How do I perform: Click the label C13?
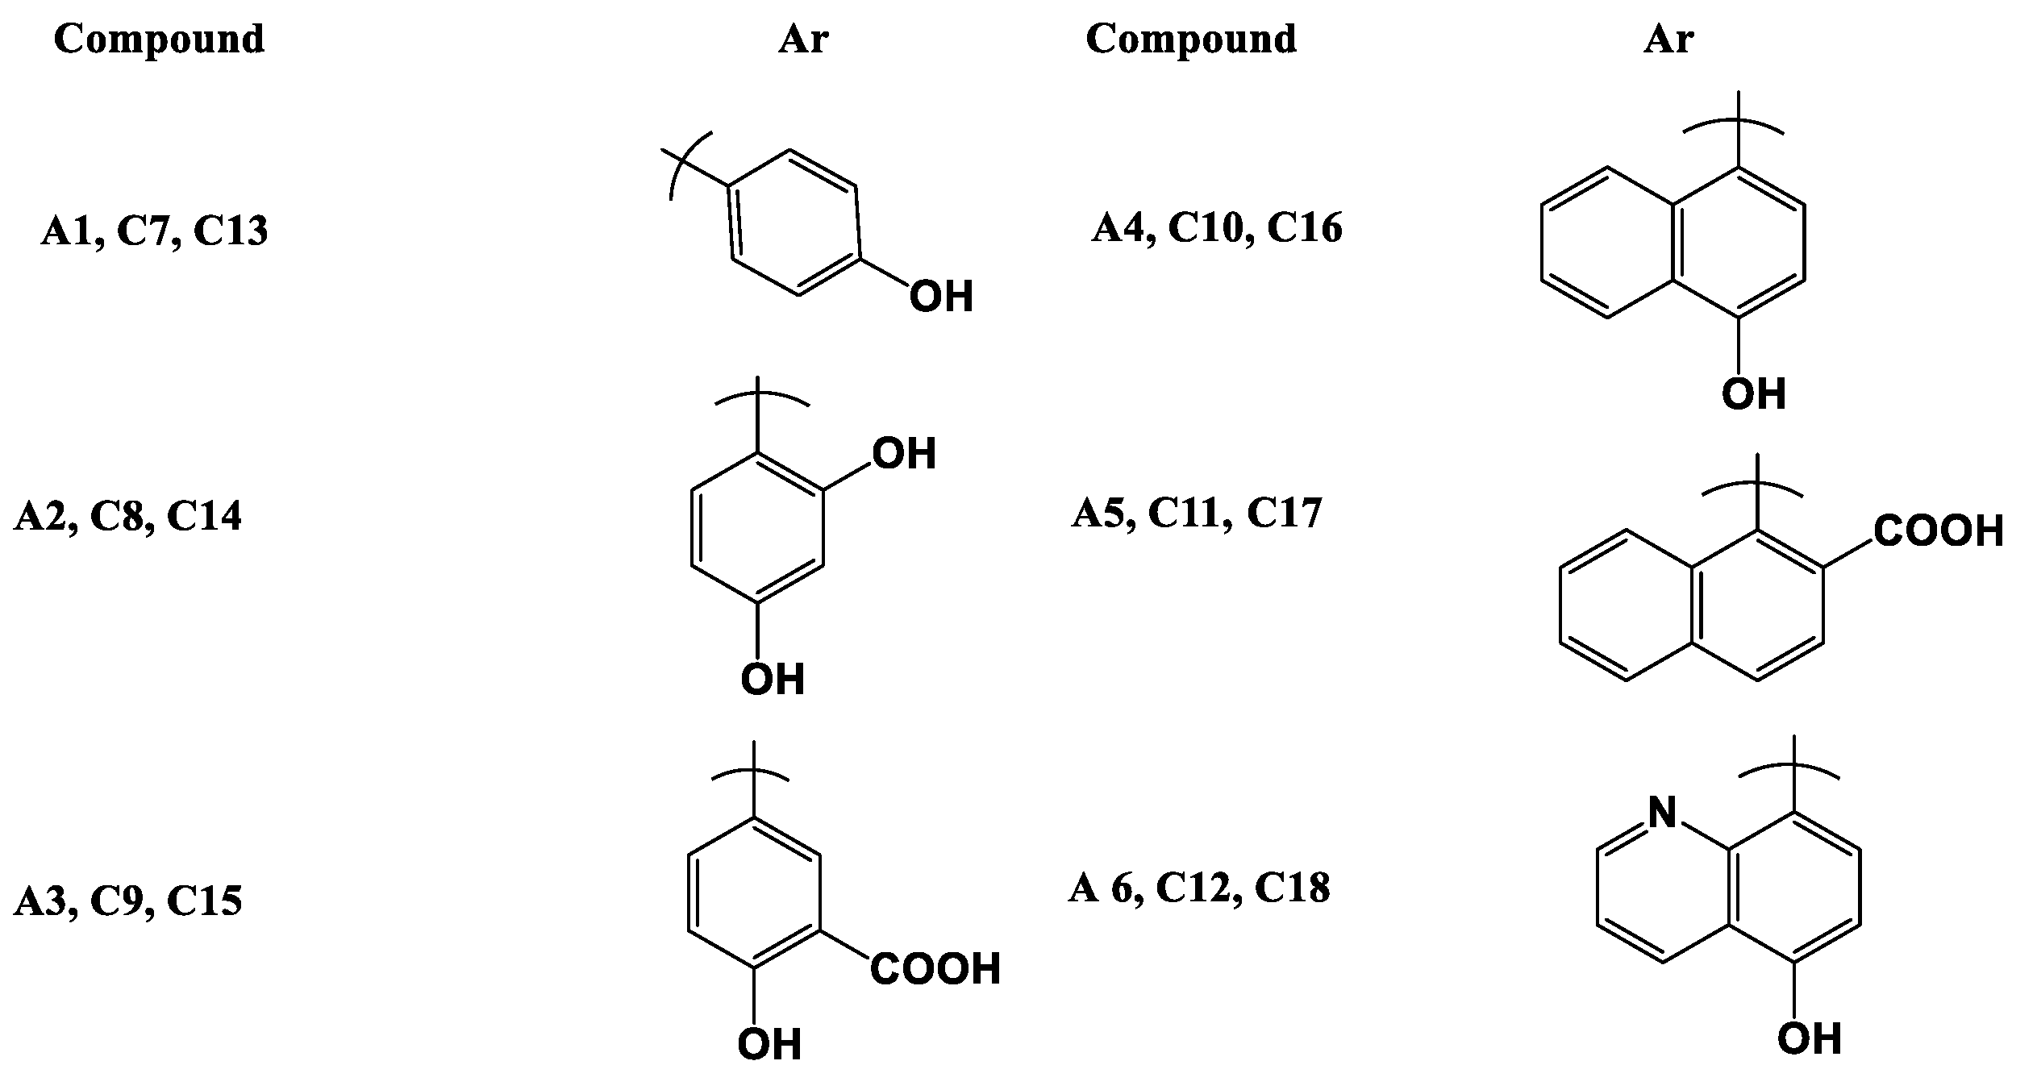pyautogui.click(x=231, y=231)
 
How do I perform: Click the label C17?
pyautogui.click(x=1284, y=513)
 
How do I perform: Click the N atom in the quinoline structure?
pyautogui.click(x=1661, y=813)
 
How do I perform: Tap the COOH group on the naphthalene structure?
pyautogui.click(x=1938, y=531)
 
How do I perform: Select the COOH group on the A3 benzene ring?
pyautogui.click(x=935, y=969)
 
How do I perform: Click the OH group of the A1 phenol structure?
pyautogui.click(x=941, y=297)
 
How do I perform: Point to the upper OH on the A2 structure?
pyautogui.click(x=904, y=454)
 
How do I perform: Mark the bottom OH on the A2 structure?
pyautogui.click(x=773, y=680)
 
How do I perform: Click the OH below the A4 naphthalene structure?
pyautogui.click(x=1753, y=395)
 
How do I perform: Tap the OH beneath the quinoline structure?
pyautogui.click(x=1810, y=1039)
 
